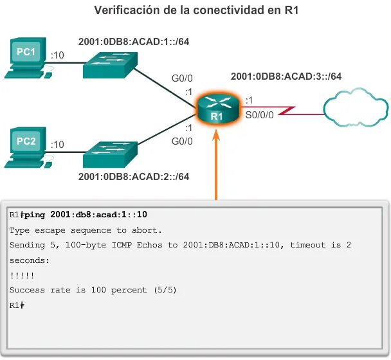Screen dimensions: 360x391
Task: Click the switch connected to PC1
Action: [x=110, y=63]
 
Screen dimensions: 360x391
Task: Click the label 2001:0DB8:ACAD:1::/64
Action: [x=133, y=42]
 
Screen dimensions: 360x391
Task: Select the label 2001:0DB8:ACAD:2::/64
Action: [x=133, y=175]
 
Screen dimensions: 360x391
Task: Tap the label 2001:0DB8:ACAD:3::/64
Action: [x=286, y=76]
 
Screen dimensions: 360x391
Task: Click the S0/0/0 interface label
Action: [x=260, y=116]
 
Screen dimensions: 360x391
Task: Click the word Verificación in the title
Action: [x=125, y=10]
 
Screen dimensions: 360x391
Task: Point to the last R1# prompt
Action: [x=17, y=305]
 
